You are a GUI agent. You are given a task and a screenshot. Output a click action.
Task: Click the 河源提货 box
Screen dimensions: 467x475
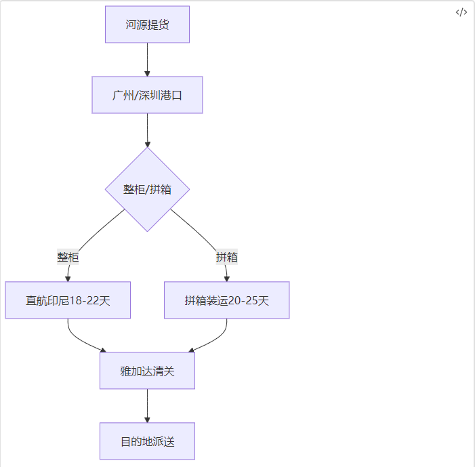tap(147, 25)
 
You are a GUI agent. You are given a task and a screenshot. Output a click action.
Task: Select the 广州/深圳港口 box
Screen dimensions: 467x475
tap(147, 95)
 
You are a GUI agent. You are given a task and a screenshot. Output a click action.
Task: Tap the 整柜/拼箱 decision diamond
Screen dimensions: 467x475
tap(147, 190)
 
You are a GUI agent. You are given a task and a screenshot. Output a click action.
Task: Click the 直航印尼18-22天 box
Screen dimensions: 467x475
tap(68, 300)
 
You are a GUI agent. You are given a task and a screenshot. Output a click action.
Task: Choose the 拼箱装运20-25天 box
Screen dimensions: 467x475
tap(226, 300)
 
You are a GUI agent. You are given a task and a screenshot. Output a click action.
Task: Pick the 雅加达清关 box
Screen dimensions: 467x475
tap(147, 371)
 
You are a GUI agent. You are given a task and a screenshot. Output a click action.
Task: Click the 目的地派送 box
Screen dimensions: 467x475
tap(147, 441)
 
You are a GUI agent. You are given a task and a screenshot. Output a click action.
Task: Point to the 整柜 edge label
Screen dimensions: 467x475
tap(68, 258)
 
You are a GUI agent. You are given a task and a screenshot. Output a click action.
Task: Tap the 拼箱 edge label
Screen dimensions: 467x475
tap(226, 258)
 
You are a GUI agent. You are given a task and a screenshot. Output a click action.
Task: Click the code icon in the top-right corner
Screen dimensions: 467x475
tap(461, 12)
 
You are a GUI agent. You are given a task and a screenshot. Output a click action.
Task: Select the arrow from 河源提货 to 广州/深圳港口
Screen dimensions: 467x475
tap(147, 59)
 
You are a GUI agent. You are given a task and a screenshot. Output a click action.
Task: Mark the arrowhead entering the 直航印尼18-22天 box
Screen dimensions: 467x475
tap(68, 278)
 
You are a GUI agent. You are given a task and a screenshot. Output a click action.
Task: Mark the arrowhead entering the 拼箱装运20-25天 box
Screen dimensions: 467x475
tap(226, 278)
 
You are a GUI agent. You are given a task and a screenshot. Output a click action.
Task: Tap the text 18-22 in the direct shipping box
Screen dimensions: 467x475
tap(84, 300)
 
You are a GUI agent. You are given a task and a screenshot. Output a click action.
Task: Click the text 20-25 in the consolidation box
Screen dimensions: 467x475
tap(243, 300)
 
